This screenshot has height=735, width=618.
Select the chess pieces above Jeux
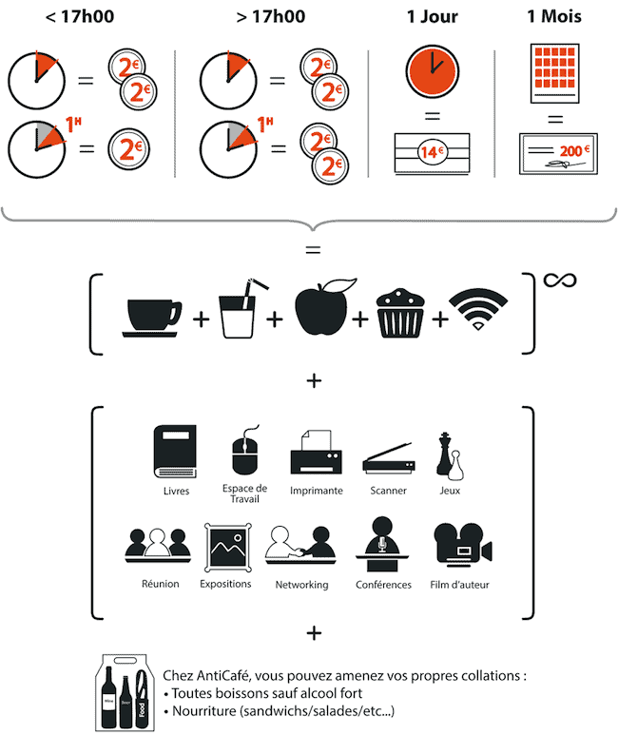pos(450,455)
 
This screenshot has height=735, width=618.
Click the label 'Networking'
pos(301,584)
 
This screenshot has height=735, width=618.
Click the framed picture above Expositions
pos(227,546)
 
